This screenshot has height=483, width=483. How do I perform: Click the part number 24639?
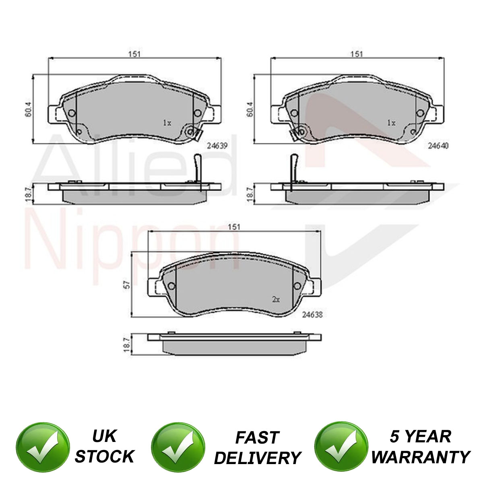coord(217,146)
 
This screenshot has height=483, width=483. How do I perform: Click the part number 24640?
coord(438,146)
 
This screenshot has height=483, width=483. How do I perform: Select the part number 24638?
coord(312,315)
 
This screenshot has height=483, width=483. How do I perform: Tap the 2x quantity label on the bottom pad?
coord(276,299)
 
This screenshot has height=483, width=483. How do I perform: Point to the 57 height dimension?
coord(127,285)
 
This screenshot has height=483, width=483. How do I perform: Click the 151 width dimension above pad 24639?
coord(134,54)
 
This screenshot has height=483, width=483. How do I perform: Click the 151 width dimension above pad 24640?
coord(357,54)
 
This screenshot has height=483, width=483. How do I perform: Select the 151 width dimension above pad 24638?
coord(234,227)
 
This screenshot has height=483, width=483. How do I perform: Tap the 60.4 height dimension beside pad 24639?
coord(29,109)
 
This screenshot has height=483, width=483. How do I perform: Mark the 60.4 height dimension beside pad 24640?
coord(250,109)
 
